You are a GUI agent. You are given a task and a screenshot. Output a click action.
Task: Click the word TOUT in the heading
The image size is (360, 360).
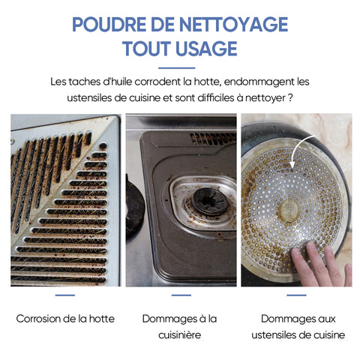click(146, 48)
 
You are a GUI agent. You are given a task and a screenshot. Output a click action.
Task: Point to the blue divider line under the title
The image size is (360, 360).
click(177, 67)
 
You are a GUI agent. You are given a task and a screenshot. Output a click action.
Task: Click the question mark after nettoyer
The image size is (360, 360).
click(290, 97)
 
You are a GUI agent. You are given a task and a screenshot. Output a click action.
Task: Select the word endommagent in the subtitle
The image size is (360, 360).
click(259, 82)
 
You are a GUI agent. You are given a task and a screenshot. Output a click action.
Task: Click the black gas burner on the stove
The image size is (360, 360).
click(210, 201)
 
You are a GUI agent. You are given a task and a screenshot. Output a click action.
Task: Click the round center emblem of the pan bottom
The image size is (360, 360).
click(289, 211)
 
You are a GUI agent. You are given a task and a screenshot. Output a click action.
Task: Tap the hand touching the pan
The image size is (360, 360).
click(321, 264)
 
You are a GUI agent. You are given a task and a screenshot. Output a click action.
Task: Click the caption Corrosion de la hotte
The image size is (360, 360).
click(65, 319)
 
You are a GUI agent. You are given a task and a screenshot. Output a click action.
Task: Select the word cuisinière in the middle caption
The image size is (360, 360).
click(180, 335)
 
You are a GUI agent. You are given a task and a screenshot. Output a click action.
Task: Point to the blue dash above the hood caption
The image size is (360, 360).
click(65, 295)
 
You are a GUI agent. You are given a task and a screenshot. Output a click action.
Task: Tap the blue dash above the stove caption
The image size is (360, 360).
click(181, 295)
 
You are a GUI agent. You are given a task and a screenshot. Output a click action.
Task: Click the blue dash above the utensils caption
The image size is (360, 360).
click(296, 295)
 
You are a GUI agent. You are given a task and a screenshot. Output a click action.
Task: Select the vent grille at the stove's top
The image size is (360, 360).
click(213, 139)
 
